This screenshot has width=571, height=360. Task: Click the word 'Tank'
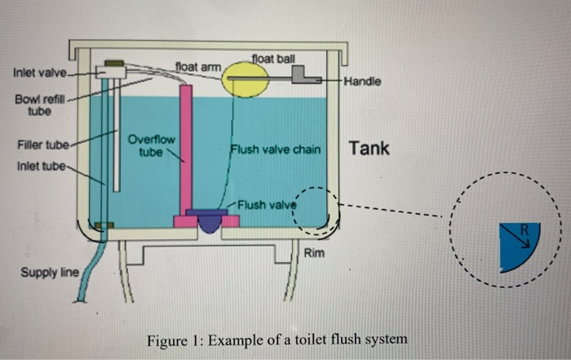tap(369, 149)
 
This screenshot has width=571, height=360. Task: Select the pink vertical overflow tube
tap(187, 147)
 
